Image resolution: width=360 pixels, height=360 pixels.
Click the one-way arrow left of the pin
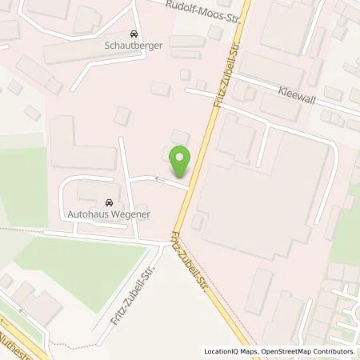(157, 178)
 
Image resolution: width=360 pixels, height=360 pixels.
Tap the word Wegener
(131, 214)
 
